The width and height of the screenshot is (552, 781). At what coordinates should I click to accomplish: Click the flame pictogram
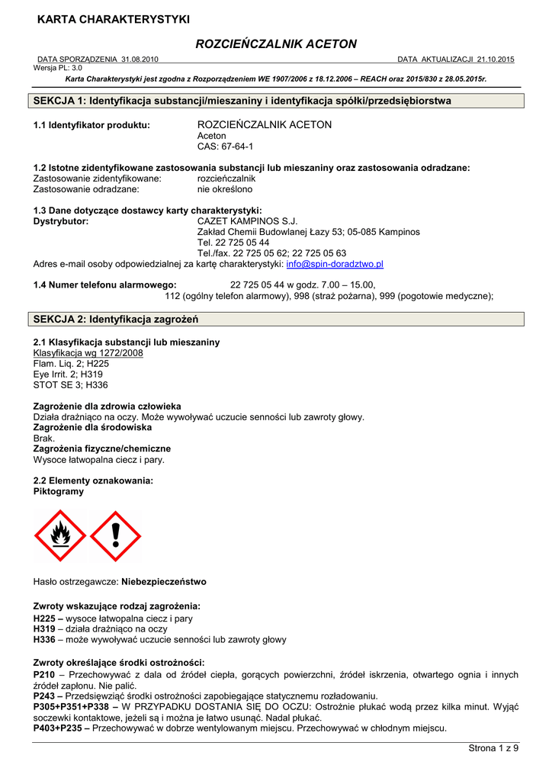tap(60, 536)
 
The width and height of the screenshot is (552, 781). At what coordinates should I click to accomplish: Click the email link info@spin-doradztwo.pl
tap(335, 264)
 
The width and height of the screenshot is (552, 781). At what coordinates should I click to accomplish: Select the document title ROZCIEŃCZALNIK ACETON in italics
tap(276, 44)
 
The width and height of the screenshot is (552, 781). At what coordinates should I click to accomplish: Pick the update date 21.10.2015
tap(496, 59)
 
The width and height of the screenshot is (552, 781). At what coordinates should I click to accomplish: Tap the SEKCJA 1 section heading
tap(242, 101)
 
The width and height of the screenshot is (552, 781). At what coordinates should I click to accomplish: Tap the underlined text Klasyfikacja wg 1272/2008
tap(88, 354)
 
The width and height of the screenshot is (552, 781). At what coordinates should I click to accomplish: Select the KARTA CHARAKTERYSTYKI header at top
tap(114, 19)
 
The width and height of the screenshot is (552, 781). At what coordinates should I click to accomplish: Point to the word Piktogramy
tap(59, 492)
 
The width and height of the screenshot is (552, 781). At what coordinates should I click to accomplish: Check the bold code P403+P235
tap(59, 728)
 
